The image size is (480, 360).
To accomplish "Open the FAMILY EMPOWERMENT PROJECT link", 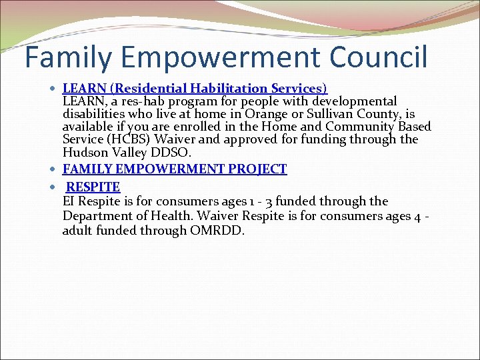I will pyautogui.click(x=175, y=169).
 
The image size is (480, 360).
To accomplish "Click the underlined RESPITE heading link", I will pyautogui.click(x=93, y=187).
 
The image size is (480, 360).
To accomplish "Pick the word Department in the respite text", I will pyautogui.click(x=95, y=215).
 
